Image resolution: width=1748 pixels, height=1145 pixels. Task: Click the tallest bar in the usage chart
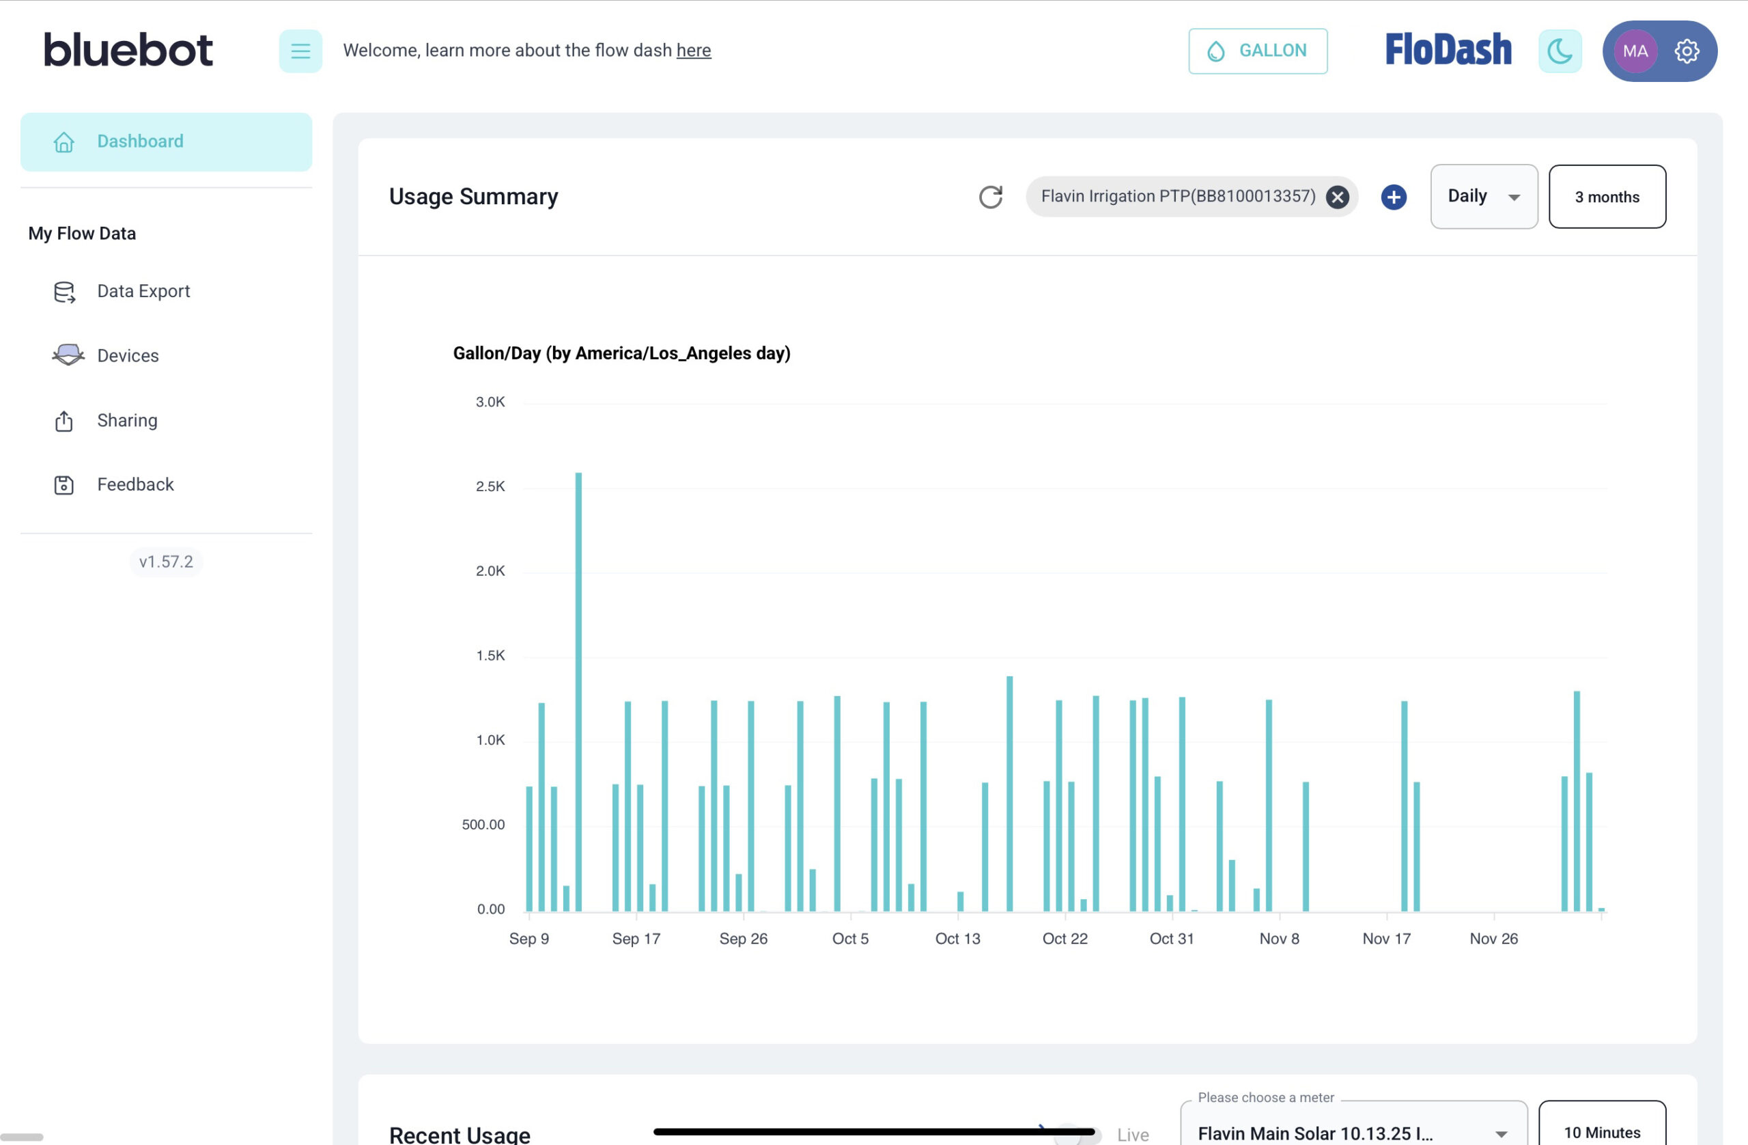click(x=579, y=691)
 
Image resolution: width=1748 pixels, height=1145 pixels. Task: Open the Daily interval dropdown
click(x=1484, y=196)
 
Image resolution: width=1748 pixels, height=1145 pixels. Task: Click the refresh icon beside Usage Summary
click(x=991, y=196)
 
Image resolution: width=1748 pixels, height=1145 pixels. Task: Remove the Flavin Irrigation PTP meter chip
click(x=1338, y=197)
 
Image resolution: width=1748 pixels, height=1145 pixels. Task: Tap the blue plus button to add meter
click(x=1393, y=197)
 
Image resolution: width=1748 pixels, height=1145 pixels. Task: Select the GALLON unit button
click(x=1257, y=51)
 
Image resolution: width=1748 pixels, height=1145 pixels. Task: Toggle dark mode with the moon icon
click(x=1560, y=51)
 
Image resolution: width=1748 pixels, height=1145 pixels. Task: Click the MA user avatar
click(x=1635, y=51)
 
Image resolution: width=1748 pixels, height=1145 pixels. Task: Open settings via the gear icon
click(x=1687, y=51)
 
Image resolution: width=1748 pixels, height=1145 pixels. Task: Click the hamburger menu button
click(x=300, y=51)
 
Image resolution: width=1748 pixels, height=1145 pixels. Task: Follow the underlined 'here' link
click(x=693, y=50)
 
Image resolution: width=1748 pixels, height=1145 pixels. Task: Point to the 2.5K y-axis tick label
click(x=490, y=486)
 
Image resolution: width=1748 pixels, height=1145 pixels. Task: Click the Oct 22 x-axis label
click(x=1065, y=939)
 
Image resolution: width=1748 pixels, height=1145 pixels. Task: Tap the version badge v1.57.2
click(x=166, y=562)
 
